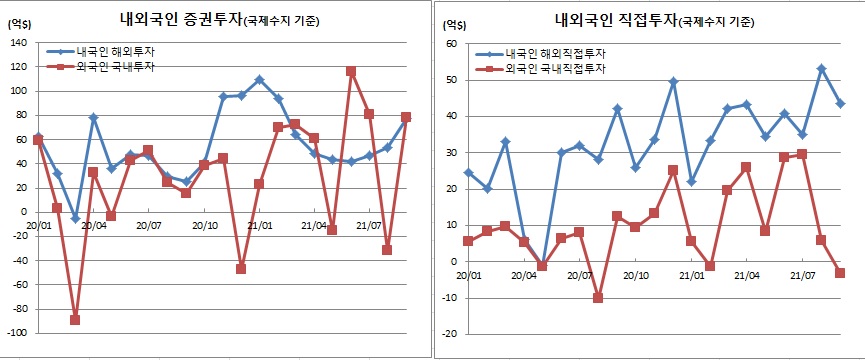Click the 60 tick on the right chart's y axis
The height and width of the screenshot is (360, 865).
point(450,44)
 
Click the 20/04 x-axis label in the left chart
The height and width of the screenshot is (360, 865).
point(93,226)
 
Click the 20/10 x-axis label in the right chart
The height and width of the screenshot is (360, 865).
point(636,275)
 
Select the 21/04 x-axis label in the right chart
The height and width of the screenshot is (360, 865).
point(747,275)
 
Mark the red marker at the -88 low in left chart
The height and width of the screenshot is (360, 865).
point(75,319)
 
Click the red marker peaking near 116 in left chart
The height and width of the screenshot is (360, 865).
point(351,72)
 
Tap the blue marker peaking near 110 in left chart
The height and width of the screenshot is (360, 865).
point(259,79)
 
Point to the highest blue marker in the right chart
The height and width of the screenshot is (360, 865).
point(821,69)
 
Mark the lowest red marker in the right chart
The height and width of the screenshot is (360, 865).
point(598,298)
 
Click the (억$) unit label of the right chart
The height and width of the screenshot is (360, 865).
point(453,22)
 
